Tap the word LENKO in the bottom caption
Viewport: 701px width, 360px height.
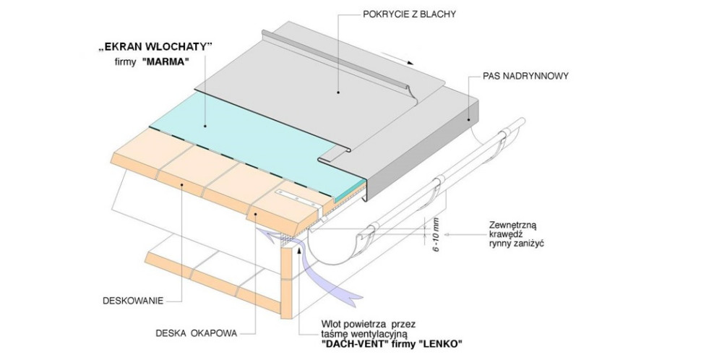pyautogui.click(x=440, y=343)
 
